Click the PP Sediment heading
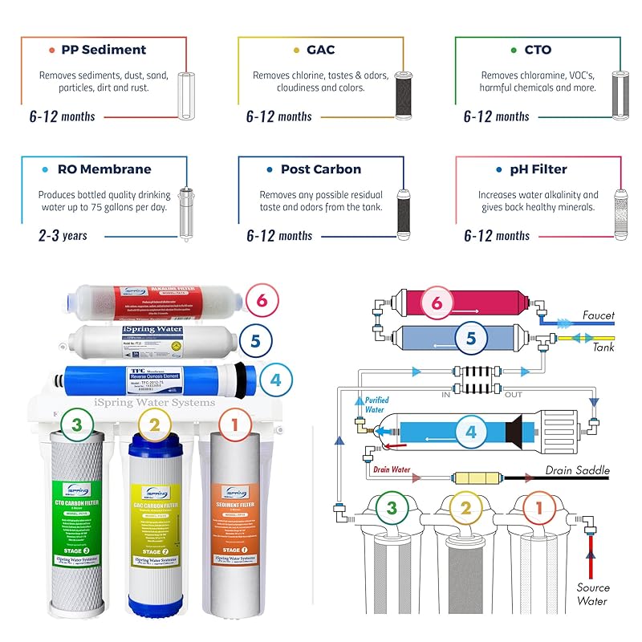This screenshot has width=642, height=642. pos(104,50)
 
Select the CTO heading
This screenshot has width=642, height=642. pos(538,50)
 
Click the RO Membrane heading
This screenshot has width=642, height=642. pos(104,169)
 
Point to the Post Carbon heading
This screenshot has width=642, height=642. pos(320,169)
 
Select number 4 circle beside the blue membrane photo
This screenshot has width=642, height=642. pos(275,379)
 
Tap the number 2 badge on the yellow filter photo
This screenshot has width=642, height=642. pos(154,424)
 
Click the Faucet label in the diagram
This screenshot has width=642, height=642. pos(598,315)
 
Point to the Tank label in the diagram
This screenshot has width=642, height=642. pos(603,347)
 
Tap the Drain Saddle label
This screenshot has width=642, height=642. pos(578,470)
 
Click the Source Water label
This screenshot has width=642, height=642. pos(593,594)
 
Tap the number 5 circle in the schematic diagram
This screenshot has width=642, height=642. pos(471,339)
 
